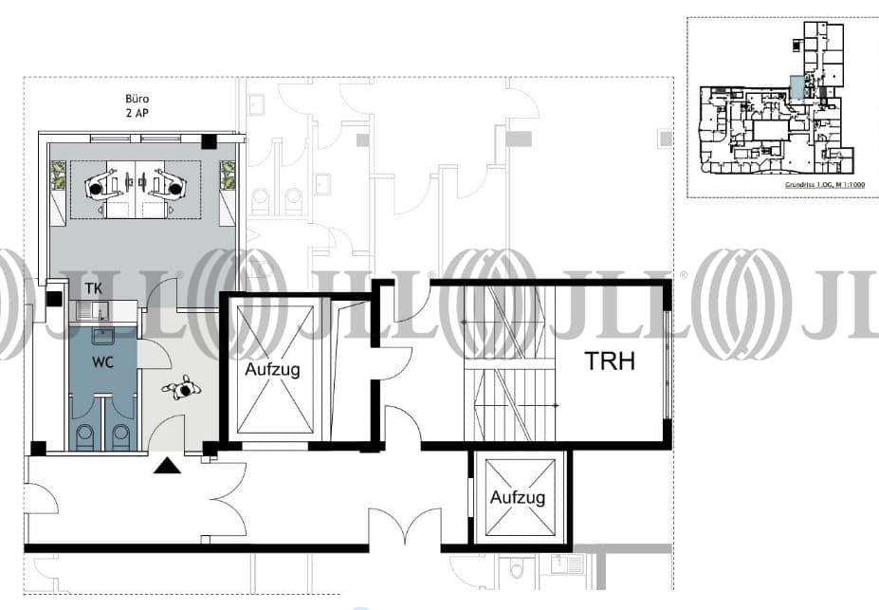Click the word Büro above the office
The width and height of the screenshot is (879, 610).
(138, 98)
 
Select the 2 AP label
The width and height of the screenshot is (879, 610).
(138, 113)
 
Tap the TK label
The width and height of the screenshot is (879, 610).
(94, 287)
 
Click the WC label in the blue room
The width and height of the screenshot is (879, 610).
(103, 362)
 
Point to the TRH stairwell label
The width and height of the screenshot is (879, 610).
(610, 361)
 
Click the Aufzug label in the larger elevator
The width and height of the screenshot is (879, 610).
(273, 369)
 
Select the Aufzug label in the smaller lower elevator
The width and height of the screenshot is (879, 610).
(518, 497)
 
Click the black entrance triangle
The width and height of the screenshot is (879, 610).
(168, 465)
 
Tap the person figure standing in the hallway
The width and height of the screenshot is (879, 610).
(183, 387)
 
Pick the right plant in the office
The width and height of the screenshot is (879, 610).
(228, 175)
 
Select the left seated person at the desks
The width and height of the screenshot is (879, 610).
(97, 186)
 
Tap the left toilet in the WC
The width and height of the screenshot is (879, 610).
(84, 435)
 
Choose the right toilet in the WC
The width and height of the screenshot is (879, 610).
(120, 435)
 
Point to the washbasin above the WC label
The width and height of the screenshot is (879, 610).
(102, 334)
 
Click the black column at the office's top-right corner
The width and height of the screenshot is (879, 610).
(209, 141)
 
